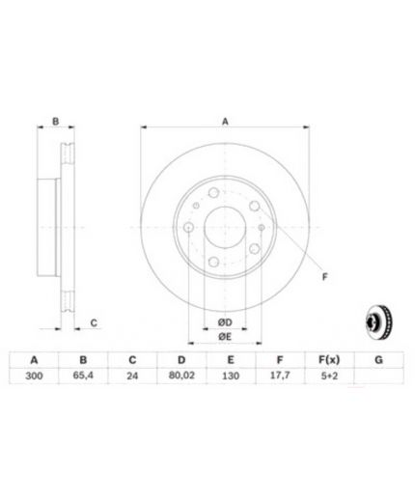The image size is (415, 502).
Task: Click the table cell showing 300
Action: point(34,376)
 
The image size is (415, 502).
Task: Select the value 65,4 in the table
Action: point(83,376)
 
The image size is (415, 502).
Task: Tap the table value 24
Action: point(132,376)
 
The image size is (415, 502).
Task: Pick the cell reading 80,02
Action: point(181,376)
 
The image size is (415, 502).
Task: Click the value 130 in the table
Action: point(231,376)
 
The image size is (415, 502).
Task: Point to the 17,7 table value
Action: point(280,376)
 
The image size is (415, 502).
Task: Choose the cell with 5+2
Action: point(329,376)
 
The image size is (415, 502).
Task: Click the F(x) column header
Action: point(329,360)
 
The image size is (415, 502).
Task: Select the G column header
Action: point(378,360)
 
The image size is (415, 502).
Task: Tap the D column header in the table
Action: point(181,360)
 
